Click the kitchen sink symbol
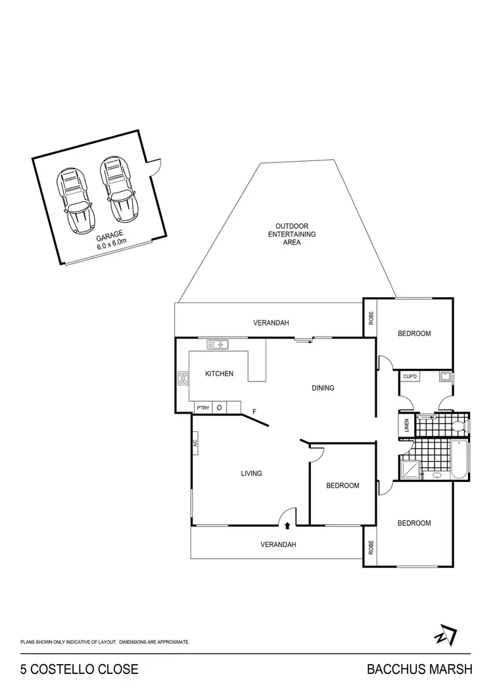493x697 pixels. pos(217,343)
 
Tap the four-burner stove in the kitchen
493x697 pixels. pos(182,379)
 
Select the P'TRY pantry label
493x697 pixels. pos(202,408)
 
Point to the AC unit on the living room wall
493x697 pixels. pos(195,443)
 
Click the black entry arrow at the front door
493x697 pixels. pos(287,525)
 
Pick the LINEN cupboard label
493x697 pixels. pos(408,425)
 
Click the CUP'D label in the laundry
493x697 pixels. pos(411,377)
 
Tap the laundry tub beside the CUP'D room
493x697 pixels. pos(445,377)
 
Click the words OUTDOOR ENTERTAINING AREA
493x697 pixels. pos(291,234)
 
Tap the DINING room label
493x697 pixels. pos(323,388)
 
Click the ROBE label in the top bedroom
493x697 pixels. pos(371,318)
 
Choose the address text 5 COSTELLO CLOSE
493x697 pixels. pos(80,670)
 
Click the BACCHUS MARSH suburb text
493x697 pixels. pos(419,670)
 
